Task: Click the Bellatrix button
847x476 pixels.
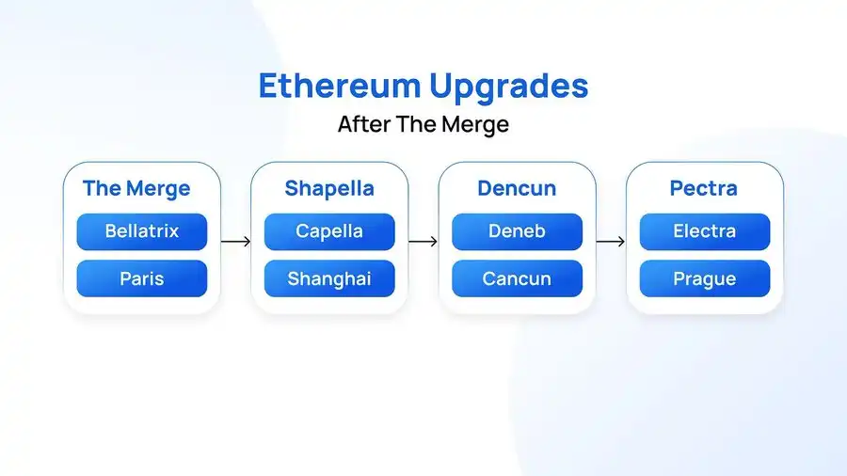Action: pyautogui.click(x=141, y=231)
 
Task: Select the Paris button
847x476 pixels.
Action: pyautogui.click(x=141, y=278)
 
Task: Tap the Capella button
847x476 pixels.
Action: pyautogui.click(x=329, y=231)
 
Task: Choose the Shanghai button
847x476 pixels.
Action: pyautogui.click(x=329, y=278)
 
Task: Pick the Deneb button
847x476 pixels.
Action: pyautogui.click(x=517, y=231)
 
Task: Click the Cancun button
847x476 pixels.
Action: pyautogui.click(x=517, y=278)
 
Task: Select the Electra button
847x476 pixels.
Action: pyautogui.click(x=705, y=231)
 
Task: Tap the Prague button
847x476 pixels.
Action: pyautogui.click(x=705, y=278)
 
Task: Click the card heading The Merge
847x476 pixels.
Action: pyautogui.click(x=136, y=188)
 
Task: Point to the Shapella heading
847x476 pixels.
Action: pyautogui.click(x=329, y=188)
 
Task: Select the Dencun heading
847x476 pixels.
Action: pyautogui.click(x=517, y=188)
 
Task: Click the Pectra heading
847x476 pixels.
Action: pyautogui.click(x=704, y=188)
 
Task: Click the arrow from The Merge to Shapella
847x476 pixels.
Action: pyautogui.click(x=236, y=241)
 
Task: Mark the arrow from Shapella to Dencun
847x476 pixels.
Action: pyautogui.click(x=423, y=241)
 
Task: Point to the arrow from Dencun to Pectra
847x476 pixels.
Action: pyautogui.click(x=611, y=241)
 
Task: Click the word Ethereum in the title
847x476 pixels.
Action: pyautogui.click(x=340, y=86)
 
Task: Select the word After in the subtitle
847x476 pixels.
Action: pyautogui.click(x=363, y=124)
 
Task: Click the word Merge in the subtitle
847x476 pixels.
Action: pyautogui.click(x=475, y=125)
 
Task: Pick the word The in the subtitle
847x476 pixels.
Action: pyautogui.click(x=416, y=124)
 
